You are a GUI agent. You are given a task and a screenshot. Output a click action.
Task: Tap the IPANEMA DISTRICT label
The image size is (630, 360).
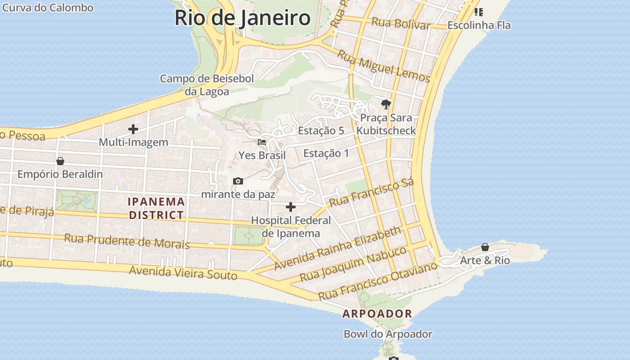(x=157, y=208)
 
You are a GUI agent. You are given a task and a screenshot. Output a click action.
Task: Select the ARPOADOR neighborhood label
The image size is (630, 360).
(x=377, y=314)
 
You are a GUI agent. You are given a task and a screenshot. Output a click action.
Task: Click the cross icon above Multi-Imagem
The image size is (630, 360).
(x=133, y=129)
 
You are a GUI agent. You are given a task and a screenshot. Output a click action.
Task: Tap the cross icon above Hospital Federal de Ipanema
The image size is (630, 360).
(x=291, y=207)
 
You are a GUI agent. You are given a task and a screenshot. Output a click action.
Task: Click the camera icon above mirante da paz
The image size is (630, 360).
(x=238, y=181)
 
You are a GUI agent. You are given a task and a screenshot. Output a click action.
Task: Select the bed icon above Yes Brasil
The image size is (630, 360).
(x=262, y=142)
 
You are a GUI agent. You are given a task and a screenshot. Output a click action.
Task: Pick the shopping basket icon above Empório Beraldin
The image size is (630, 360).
(x=60, y=161)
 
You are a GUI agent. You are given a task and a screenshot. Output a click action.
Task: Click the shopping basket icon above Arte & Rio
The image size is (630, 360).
(x=485, y=247)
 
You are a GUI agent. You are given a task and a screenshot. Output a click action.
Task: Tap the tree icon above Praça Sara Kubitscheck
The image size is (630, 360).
(x=386, y=104)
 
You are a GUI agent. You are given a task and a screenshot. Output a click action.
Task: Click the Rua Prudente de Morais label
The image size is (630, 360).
(x=127, y=241)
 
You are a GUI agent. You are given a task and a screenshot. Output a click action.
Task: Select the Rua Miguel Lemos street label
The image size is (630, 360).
(x=384, y=66)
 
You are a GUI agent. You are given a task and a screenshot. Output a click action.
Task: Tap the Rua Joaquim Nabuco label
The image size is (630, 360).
(x=353, y=264)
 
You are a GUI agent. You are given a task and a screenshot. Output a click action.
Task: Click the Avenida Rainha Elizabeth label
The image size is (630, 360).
(x=337, y=248)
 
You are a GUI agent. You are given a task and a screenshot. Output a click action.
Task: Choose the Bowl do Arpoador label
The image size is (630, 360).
(x=388, y=334)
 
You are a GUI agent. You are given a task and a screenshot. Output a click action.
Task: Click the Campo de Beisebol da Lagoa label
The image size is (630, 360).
(x=207, y=85)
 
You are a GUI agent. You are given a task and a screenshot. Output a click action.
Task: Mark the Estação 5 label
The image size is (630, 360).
(x=321, y=131)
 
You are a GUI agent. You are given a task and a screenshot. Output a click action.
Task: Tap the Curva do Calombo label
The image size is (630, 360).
(x=48, y=8)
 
